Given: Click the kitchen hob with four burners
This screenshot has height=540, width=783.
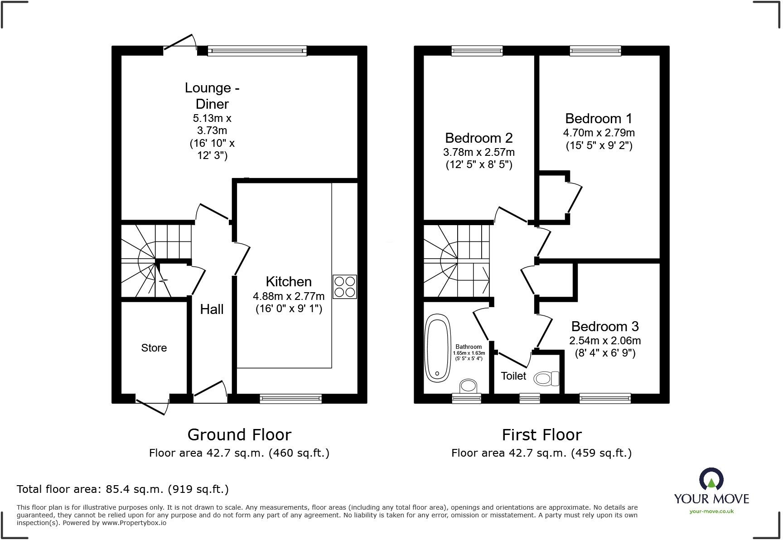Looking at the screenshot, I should (345, 287).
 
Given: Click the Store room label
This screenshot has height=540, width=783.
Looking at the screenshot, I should (154, 348).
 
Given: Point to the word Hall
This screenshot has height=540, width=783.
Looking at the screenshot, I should (212, 309).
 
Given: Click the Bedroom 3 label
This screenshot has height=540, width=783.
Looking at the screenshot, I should (604, 326).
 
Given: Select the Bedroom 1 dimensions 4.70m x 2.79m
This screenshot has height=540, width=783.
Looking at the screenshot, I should (599, 133).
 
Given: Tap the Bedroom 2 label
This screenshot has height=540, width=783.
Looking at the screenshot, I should (478, 138).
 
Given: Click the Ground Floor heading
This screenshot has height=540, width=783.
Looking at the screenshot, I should (239, 435).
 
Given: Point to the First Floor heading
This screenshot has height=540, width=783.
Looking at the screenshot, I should (541, 435).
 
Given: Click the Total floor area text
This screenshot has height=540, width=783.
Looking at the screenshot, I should (122, 489).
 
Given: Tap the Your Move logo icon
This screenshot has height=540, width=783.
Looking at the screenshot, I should (711, 479).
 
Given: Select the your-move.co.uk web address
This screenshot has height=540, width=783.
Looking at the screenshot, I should (711, 511).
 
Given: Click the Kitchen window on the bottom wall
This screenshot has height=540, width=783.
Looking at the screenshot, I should (290, 398).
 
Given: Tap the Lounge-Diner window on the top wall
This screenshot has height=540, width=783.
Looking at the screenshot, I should (257, 51).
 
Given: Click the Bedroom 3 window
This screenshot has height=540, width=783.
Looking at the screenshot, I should (605, 398).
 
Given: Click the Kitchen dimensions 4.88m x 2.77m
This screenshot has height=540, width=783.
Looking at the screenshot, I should (289, 296).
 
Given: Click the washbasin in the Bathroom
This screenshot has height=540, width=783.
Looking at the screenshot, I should (469, 386).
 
